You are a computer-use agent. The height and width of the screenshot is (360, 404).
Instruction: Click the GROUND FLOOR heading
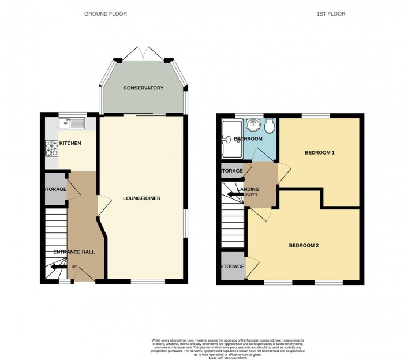[105, 14]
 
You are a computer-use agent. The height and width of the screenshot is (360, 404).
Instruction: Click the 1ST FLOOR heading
[331, 14]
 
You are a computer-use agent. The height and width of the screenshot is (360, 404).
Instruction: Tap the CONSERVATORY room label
[143, 88]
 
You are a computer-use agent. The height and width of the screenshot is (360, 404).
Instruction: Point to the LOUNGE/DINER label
[141, 198]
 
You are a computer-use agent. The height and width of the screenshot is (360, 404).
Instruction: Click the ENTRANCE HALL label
[74, 252]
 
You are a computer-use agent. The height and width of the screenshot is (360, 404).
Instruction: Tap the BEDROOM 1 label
[320, 153]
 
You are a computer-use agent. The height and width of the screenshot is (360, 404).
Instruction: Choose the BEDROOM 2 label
[304, 245]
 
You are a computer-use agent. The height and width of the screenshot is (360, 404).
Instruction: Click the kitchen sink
[71, 123]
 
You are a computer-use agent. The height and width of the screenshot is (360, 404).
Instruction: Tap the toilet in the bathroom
[268, 126]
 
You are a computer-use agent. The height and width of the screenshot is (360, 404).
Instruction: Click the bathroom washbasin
[252, 125]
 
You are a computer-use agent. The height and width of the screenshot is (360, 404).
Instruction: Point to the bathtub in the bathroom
[231, 139]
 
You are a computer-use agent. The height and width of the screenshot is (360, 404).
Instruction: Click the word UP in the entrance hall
[74, 267]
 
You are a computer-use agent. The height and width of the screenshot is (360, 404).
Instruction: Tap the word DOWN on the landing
[251, 194]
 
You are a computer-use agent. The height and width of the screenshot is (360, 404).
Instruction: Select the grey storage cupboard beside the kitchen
[56, 189]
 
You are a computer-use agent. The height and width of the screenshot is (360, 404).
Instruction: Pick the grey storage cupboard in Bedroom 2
[232, 267]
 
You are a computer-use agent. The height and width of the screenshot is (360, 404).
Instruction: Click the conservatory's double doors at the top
[143, 57]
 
